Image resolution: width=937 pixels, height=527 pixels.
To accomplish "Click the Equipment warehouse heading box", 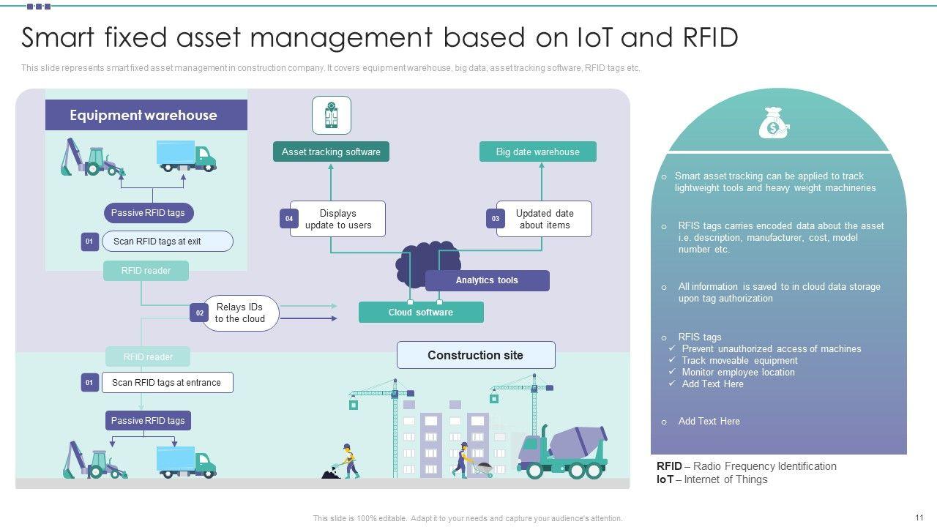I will click(146, 115).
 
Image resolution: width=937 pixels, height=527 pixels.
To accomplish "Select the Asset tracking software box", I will click(331, 152).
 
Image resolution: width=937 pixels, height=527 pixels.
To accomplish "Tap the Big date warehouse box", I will click(538, 152).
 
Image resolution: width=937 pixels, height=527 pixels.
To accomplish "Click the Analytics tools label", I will click(487, 280).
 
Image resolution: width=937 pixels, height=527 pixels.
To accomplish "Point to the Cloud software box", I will click(421, 312).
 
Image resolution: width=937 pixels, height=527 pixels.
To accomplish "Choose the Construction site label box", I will click(476, 355).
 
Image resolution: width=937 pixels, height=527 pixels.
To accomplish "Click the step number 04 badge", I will click(289, 219).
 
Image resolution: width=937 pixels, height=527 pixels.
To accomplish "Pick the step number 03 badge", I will click(496, 219).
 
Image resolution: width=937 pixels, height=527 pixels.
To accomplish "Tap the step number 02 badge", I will click(199, 313).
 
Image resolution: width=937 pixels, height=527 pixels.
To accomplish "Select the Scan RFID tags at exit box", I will click(168, 242).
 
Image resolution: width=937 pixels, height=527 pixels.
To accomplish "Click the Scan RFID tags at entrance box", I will click(167, 382).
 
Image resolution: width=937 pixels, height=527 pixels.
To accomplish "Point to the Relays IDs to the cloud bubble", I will click(240, 313).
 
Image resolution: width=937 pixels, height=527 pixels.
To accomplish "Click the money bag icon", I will click(774, 123).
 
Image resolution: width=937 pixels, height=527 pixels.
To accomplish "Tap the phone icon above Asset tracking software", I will click(332, 116).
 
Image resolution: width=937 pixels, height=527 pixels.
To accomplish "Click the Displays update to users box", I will click(337, 219).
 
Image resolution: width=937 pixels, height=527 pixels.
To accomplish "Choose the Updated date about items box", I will click(544, 219).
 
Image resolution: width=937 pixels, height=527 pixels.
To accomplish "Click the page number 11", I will click(919, 517).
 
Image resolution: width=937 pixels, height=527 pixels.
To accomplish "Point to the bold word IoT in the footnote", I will click(665, 479).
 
